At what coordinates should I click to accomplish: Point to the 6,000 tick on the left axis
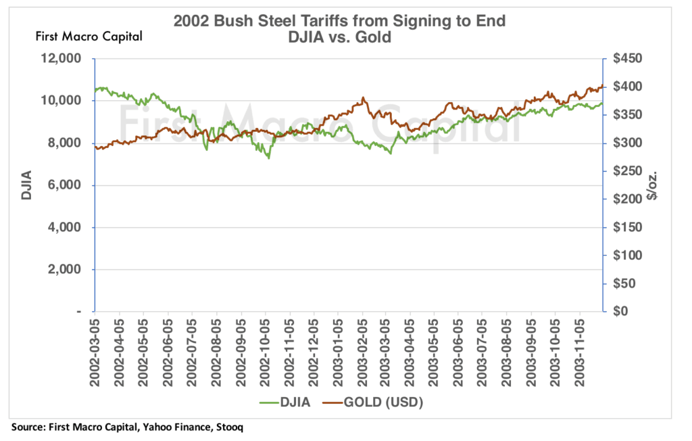(x=67, y=185)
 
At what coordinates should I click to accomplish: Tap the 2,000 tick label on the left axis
(x=67, y=270)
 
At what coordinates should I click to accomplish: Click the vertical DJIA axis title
(x=26, y=185)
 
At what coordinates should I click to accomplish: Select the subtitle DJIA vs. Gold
(x=339, y=37)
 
